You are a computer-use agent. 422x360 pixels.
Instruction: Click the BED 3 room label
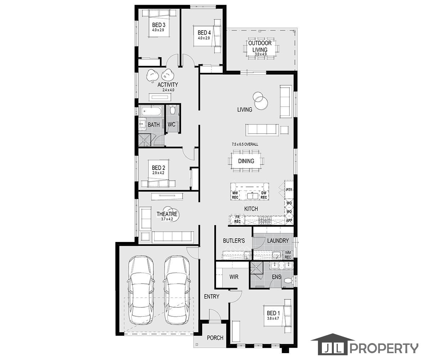pyautogui.click(x=158, y=25)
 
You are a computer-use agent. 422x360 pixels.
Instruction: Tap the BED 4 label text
pyautogui.click(x=204, y=33)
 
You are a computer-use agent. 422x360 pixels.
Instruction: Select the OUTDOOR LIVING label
pyautogui.click(x=260, y=46)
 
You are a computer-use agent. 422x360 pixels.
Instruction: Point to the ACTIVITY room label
pyautogui.click(x=168, y=85)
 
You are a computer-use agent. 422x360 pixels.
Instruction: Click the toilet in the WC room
pyautogui.click(x=172, y=109)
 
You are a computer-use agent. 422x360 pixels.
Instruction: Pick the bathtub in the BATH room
pyautogui.click(x=151, y=111)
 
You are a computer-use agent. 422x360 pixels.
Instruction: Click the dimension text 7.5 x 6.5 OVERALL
pyautogui.click(x=245, y=144)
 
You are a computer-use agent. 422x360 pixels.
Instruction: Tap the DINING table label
pyautogui.click(x=246, y=161)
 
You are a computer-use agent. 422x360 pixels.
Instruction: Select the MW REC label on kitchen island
pyautogui.click(x=235, y=195)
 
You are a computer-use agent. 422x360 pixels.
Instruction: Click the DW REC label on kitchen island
pyautogui.click(x=264, y=195)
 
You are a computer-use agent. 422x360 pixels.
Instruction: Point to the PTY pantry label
pyautogui.click(x=289, y=190)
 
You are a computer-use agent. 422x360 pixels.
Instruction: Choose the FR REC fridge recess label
pyautogui.click(x=237, y=219)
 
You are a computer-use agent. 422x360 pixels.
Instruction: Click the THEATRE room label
pyautogui.click(x=167, y=214)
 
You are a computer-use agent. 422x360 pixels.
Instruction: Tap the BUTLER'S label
pyautogui.click(x=234, y=240)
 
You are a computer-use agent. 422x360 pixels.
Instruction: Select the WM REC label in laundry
pyautogui.click(x=288, y=255)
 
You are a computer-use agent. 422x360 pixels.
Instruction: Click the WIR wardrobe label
pyautogui.click(x=234, y=277)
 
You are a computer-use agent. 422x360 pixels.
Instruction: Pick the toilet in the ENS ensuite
pyautogui.click(x=287, y=281)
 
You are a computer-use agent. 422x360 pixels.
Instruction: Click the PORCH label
pyautogui.click(x=215, y=338)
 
